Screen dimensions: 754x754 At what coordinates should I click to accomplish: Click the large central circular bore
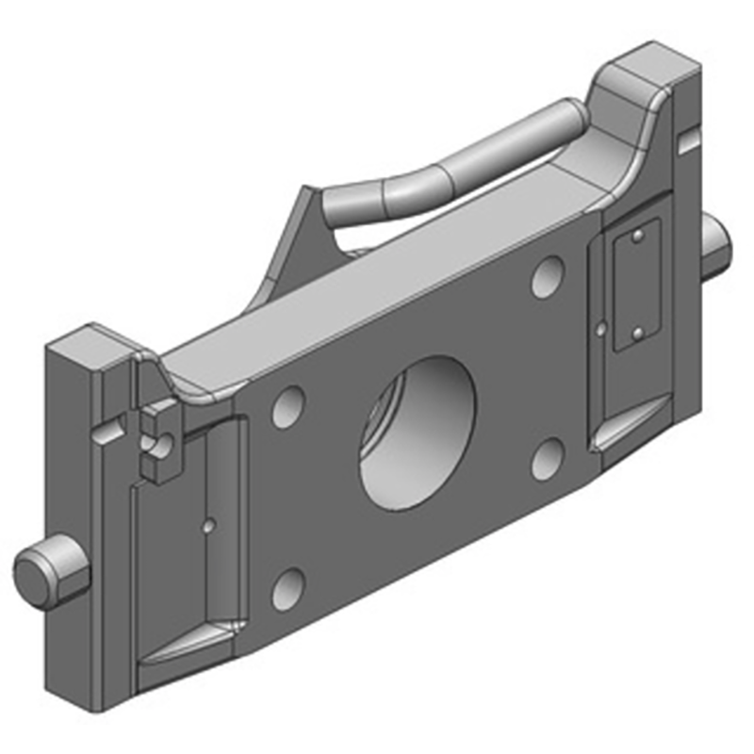point(418,434)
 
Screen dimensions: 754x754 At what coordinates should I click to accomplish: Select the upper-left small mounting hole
point(288,405)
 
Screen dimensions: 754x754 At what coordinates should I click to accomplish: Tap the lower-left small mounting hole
point(287,588)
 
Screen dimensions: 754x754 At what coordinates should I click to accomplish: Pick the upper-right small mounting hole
point(547,277)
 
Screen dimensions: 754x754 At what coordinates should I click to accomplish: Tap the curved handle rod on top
point(452,165)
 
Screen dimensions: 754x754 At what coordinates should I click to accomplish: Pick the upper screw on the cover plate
point(640,236)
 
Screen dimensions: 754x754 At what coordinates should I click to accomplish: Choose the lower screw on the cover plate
point(637,332)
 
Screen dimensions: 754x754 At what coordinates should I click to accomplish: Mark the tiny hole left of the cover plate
point(601,329)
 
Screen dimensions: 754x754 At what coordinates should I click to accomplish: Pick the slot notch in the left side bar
point(107,433)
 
